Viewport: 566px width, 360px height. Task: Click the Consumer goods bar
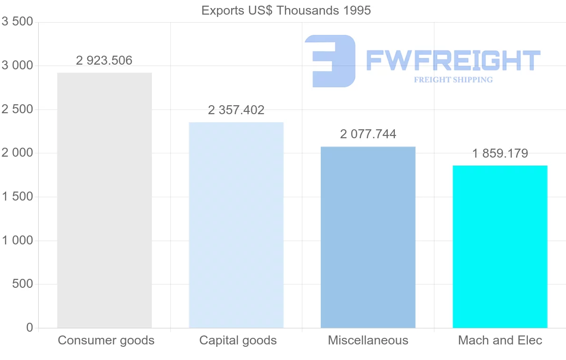click(x=104, y=200)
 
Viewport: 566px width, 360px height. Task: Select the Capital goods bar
click(x=236, y=225)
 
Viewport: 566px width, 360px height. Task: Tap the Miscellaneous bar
click(x=368, y=237)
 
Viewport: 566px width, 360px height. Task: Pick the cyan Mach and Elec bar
click(x=500, y=246)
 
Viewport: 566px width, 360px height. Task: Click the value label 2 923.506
click(x=104, y=60)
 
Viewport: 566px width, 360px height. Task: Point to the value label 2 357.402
click(x=236, y=110)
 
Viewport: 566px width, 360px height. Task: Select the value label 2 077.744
click(x=368, y=134)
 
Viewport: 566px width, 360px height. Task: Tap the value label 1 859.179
click(x=500, y=153)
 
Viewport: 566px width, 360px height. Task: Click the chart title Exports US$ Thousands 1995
click(x=286, y=10)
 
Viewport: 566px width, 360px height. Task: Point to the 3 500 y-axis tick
click(x=17, y=22)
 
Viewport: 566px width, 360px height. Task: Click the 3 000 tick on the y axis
click(x=17, y=66)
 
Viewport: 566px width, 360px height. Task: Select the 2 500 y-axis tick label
click(x=17, y=109)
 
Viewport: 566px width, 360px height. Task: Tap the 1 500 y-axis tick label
click(x=17, y=197)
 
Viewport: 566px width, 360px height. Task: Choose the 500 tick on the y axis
click(x=23, y=284)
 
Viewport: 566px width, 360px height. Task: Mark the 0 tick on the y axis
click(x=29, y=327)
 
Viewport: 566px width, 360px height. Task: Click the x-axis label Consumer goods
click(x=106, y=340)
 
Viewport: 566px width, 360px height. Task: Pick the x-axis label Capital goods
click(x=238, y=340)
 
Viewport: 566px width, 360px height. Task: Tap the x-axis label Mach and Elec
click(x=500, y=340)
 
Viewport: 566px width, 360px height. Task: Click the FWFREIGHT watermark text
click(x=453, y=60)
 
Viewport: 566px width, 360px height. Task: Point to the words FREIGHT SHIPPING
click(x=453, y=80)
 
